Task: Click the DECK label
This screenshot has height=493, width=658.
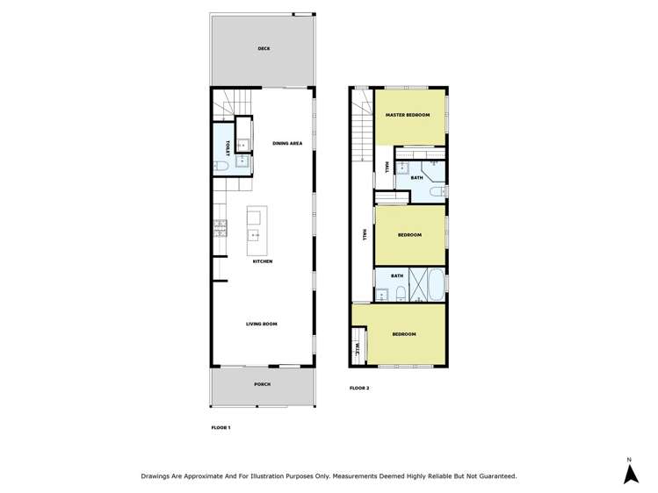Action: (264, 49)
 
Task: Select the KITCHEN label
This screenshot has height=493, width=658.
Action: (263, 261)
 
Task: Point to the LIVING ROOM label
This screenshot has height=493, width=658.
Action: (261, 324)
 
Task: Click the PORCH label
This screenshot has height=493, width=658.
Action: (262, 384)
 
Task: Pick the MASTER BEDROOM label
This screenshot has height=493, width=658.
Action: (408, 116)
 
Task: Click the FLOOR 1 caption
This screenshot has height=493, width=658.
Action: (221, 427)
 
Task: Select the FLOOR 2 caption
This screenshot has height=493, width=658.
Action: (359, 388)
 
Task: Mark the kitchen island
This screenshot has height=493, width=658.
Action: (256, 224)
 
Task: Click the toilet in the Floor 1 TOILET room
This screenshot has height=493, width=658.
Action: (221, 164)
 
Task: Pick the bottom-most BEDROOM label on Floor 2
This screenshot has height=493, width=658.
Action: (403, 334)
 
